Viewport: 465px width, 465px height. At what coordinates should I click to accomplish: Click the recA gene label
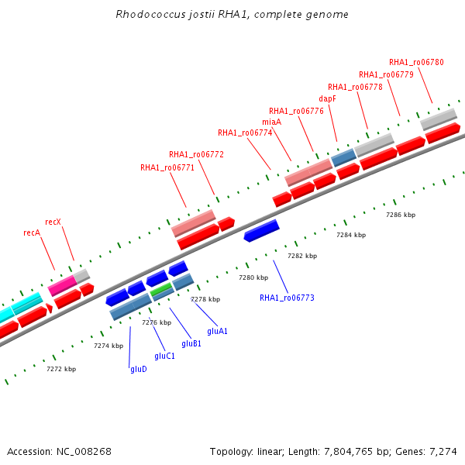coord(32,232)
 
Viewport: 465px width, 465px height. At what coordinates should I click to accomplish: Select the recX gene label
coord(53,222)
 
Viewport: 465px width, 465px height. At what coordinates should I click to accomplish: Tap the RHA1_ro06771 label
coord(167,168)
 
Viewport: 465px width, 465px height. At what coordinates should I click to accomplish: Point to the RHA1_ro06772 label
coord(196,154)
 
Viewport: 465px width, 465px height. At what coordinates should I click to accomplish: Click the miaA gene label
coord(272,122)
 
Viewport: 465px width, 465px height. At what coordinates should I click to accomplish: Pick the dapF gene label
coord(327,98)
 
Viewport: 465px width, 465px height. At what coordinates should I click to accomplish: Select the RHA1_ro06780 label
coord(416,62)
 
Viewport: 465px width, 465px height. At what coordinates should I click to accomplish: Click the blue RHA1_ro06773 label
coord(287,298)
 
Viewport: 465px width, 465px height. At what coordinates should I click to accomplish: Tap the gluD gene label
coord(139,369)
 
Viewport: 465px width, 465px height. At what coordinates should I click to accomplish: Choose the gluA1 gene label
coord(217,331)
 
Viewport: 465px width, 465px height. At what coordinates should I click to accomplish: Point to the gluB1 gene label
coord(191,343)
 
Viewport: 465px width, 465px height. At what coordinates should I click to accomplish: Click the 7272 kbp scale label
coord(61,369)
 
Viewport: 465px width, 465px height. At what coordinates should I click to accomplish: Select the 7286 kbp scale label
coord(401,215)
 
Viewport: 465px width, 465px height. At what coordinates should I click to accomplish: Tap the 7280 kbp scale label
coord(253,277)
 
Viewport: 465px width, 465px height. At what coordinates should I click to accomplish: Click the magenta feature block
coord(62,285)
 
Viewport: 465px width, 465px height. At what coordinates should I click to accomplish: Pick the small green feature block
coord(161,289)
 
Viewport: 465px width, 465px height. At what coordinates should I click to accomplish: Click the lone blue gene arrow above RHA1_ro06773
coord(262,231)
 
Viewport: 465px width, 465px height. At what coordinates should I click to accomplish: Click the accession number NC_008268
coord(84,452)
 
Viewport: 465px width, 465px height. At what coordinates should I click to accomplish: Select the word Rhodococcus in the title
coord(150,14)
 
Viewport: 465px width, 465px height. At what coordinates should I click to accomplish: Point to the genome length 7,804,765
coord(348,452)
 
